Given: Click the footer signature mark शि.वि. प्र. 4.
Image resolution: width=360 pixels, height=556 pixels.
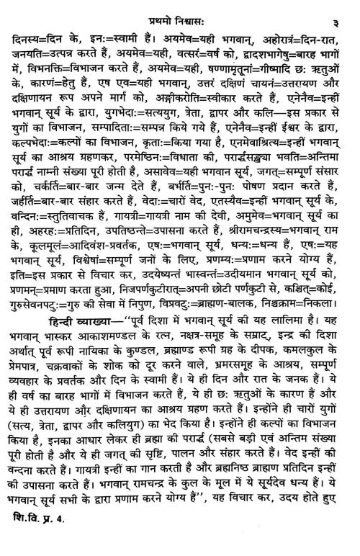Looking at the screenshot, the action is [x=41, y=541].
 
